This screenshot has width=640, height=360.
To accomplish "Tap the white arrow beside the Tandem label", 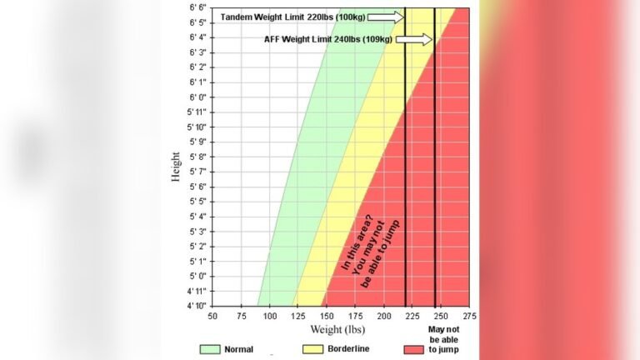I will [388, 17].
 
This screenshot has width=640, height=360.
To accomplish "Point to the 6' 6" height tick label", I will [197, 7].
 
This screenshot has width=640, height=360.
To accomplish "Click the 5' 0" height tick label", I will [197, 276].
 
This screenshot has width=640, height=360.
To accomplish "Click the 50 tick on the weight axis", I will [212, 317].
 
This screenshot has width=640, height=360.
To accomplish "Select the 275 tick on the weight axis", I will [470, 317].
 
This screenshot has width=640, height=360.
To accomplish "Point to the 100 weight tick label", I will [270, 317].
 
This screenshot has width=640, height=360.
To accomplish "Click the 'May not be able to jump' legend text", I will [450, 341].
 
